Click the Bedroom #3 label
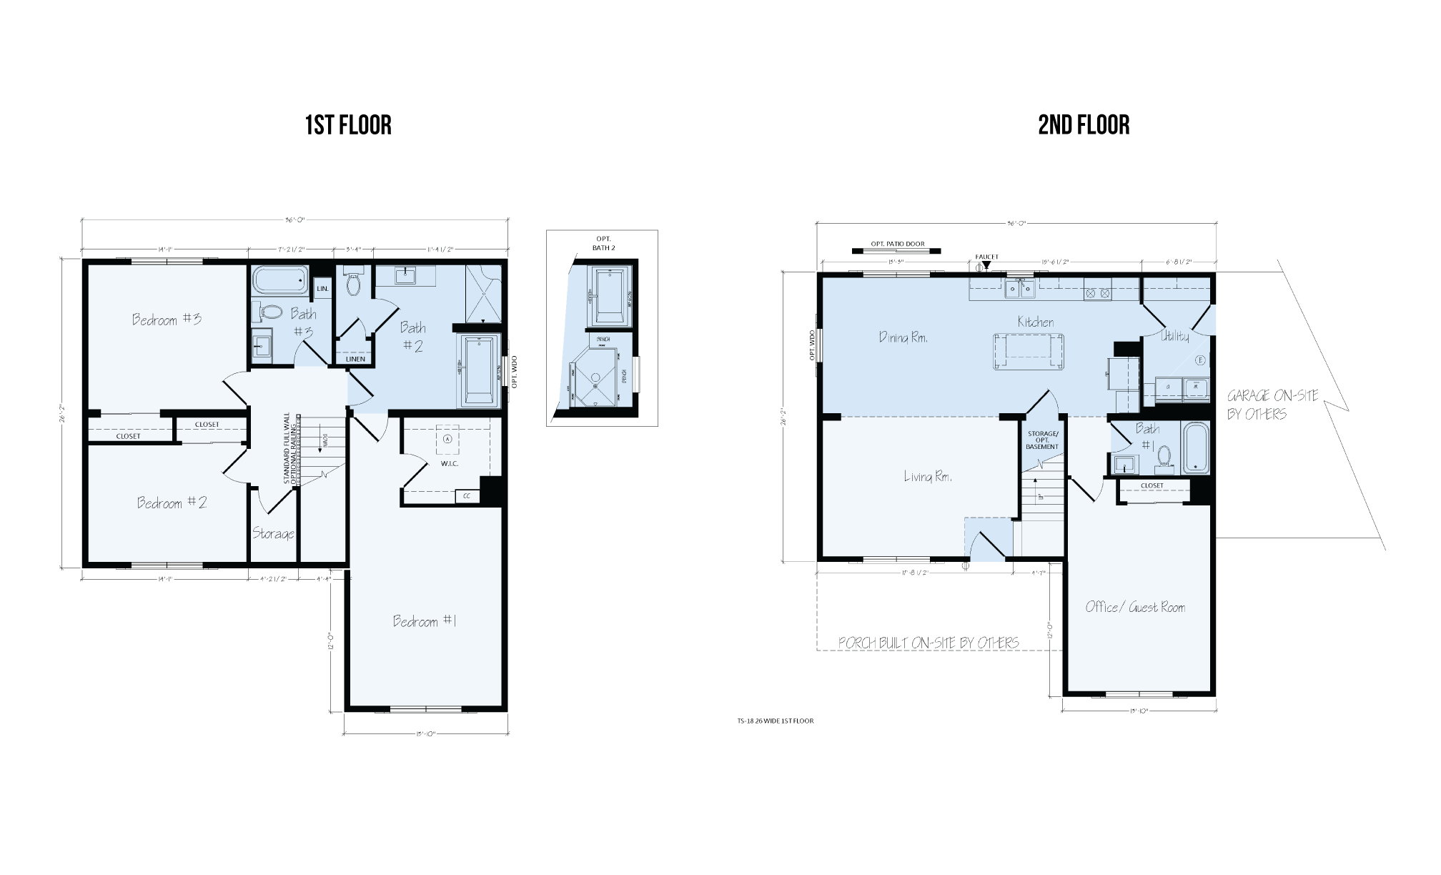click(x=167, y=319)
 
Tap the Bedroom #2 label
click(x=172, y=503)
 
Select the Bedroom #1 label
click(x=425, y=621)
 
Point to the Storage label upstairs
click(x=273, y=534)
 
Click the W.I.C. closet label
click(x=449, y=464)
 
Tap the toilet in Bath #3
click(x=271, y=312)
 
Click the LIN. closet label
click(x=322, y=289)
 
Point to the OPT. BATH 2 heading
click(x=603, y=243)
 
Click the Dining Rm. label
click(x=903, y=337)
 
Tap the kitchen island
click(x=1027, y=351)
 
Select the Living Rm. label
click(x=928, y=477)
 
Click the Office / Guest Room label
click(x=1135, y=608)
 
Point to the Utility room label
click(x=1175, y=336)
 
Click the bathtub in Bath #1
click(x=1195, y=448)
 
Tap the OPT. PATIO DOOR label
click(x=897, y=244)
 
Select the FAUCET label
click(x=987, y=257)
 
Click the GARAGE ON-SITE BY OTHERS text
click(x=1272, y=405)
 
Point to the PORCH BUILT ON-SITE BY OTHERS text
click(x=928, y=643)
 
